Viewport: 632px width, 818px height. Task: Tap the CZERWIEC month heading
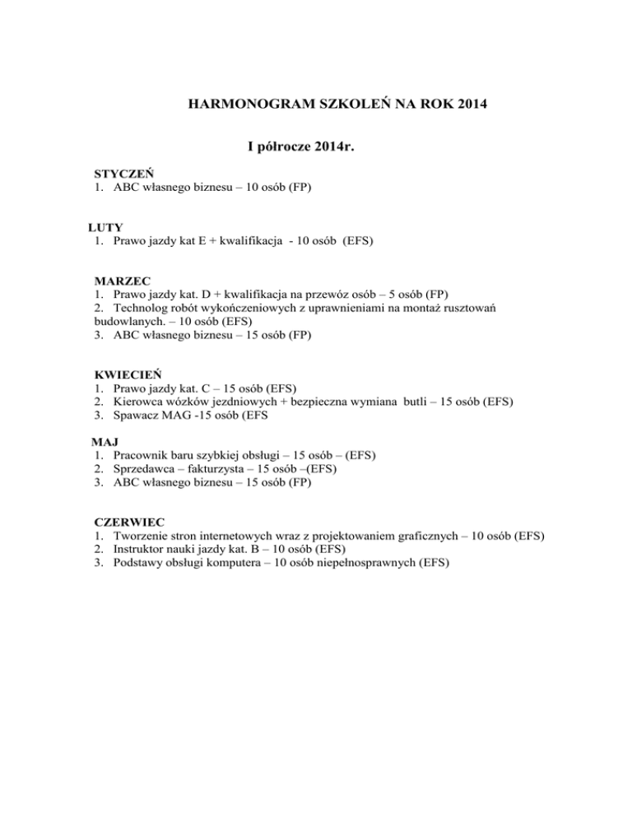click(x=130, y=522)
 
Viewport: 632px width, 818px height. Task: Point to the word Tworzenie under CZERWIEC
click(x=142, y=535)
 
